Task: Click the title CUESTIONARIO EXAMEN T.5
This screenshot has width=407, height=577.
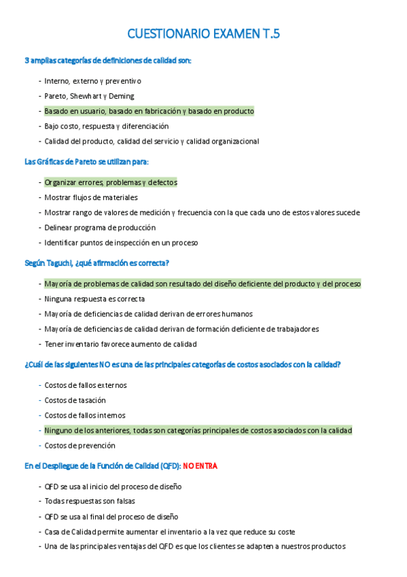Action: tap(203, 34)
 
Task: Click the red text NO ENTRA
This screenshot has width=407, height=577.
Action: tap(200, 465)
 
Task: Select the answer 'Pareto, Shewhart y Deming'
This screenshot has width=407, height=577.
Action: tap(89, 96)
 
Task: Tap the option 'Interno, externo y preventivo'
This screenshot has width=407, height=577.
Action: tap(92, 81)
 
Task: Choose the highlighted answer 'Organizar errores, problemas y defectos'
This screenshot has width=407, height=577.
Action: tap(110, 182)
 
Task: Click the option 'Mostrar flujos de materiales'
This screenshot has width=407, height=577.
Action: tap(91, 197)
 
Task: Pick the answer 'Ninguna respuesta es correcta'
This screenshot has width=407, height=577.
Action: tap(94, 299)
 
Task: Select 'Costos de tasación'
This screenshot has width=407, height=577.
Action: tap(75, 400)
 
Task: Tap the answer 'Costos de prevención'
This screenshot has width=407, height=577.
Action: tap(79, 446)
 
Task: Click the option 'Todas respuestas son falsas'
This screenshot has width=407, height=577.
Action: tap(90, 501)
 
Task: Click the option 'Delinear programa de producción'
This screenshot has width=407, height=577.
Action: tap(100, 227)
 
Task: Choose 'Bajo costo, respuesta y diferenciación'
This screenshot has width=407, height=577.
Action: tap(106, 126)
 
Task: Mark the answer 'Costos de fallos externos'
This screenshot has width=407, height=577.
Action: tap(86, 385)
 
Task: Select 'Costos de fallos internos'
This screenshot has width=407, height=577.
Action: tap(85, 415)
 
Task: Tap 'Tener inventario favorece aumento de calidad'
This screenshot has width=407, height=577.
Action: tap(120, 344)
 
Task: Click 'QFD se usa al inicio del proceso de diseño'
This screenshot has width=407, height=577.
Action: tap(113, 487)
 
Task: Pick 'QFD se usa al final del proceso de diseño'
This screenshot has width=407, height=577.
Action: tap(111, 516)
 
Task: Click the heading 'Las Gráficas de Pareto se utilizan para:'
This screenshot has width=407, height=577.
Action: tap(86, 161)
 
